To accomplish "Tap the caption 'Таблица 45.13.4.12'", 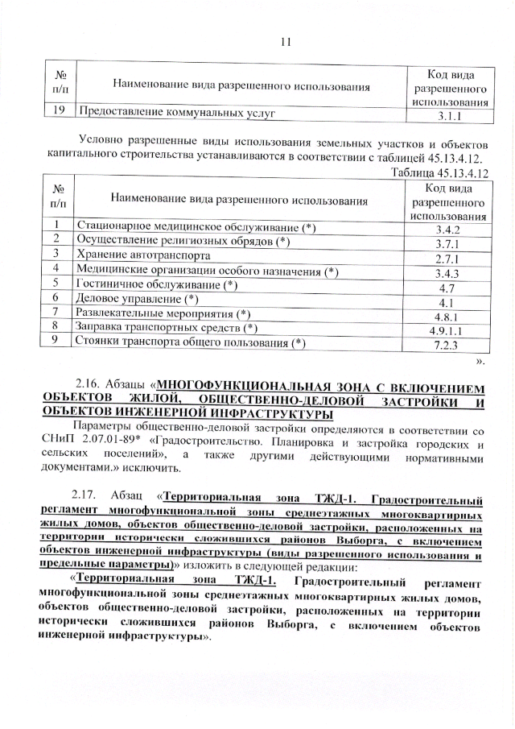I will pos(439,172).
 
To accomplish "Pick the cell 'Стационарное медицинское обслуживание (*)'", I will pos(196,227).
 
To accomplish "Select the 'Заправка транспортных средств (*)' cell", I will pos(167,327).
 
